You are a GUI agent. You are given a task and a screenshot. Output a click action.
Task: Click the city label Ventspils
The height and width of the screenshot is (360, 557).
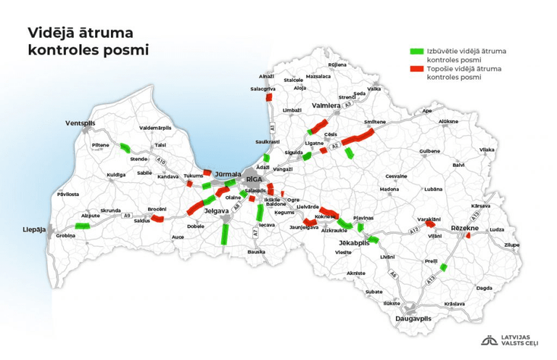80,123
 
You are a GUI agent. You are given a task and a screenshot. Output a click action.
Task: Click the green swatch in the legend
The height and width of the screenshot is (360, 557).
416,52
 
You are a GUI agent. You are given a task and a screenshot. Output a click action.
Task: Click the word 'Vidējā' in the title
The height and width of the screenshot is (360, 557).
54,33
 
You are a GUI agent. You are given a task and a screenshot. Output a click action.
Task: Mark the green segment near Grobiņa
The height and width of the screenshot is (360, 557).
82,226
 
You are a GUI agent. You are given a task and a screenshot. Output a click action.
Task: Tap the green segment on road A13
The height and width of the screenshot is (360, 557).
444,267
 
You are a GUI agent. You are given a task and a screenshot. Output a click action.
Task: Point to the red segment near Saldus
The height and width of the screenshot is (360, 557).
157,218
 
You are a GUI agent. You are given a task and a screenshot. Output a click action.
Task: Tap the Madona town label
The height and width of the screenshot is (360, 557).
389,189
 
